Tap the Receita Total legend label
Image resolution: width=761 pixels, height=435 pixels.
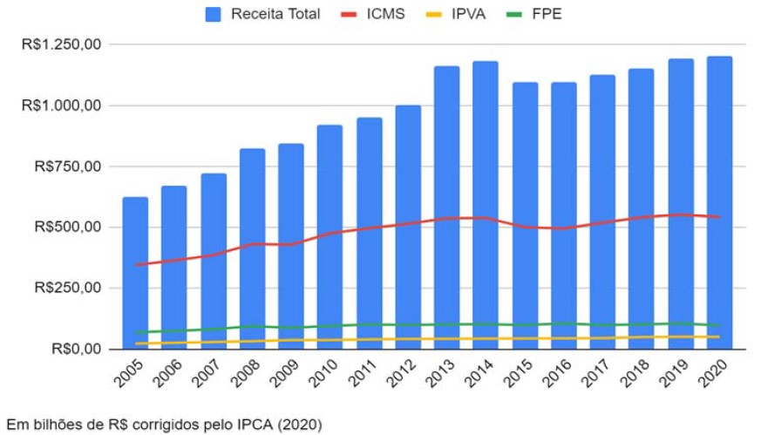(275, 14)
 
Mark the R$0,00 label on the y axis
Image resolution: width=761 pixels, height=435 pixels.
(76, 349)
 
